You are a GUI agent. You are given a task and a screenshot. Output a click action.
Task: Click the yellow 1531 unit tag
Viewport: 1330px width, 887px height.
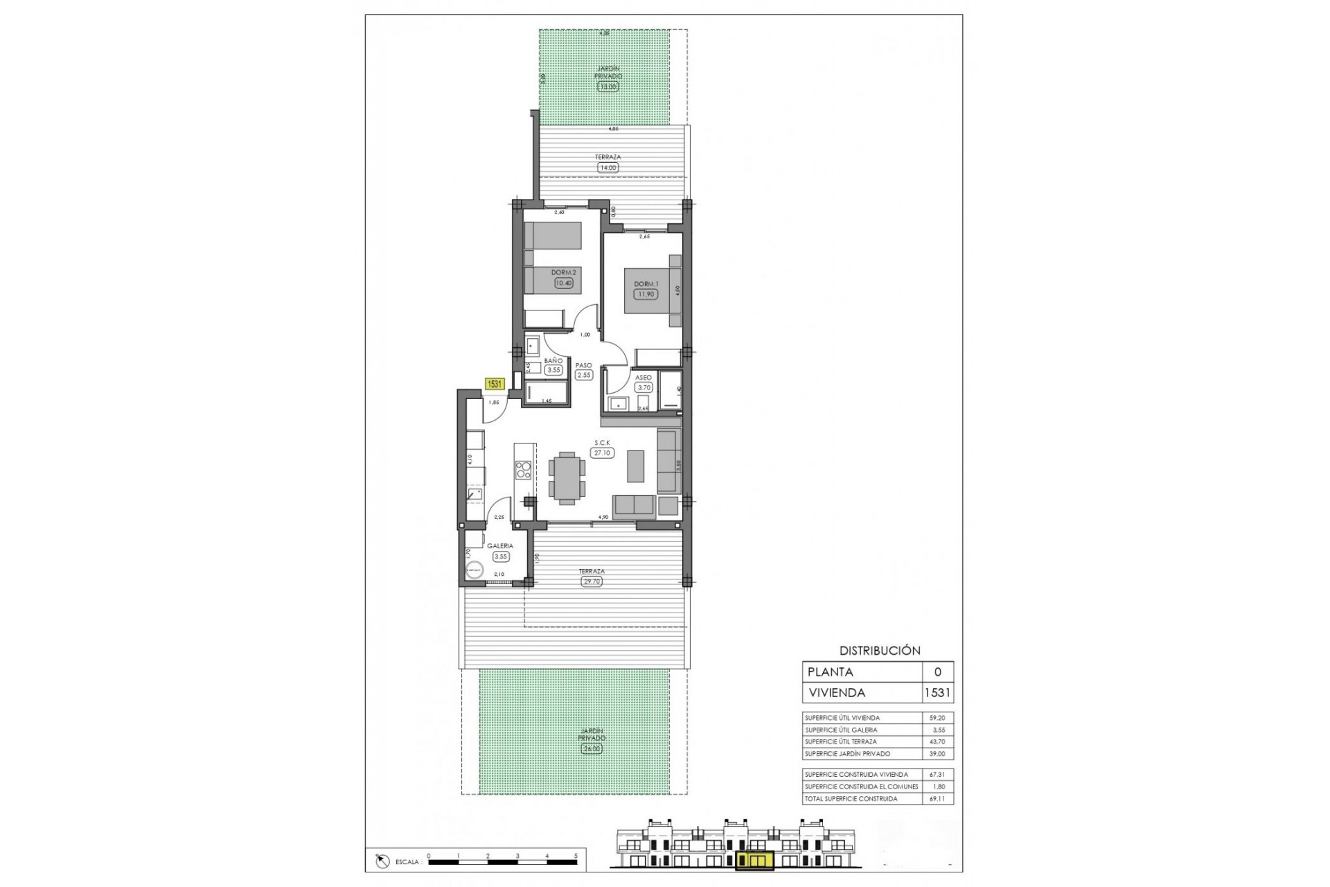(495, 384)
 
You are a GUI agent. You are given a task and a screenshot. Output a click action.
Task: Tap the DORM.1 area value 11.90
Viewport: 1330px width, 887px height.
(646, 294)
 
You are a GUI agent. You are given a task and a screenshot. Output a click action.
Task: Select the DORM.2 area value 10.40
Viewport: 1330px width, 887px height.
(563, 283)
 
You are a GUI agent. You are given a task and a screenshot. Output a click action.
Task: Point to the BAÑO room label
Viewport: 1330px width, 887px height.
(553, 361)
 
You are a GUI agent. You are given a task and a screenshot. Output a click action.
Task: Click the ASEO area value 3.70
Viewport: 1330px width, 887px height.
(644, 387)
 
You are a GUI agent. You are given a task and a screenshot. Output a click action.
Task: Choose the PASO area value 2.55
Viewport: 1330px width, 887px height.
(584, 375)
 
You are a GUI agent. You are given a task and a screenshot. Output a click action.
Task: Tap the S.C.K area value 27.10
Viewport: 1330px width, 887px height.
(602, 453)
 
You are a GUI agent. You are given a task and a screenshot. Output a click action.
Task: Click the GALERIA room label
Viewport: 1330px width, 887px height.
(499, 546)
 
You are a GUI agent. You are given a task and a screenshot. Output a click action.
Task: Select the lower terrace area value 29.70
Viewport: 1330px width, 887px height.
(592, 581)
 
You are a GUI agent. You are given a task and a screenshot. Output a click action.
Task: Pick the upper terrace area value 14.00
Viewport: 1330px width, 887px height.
(608, 168)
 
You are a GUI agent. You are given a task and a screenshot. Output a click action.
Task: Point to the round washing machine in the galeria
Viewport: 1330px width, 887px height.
(474, 570)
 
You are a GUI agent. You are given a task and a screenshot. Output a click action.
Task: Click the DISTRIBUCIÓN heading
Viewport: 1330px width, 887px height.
(880, 651)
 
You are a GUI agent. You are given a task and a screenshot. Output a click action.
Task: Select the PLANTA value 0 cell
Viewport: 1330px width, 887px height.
(938, 671)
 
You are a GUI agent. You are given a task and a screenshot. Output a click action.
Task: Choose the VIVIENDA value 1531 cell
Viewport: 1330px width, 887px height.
(938, 692)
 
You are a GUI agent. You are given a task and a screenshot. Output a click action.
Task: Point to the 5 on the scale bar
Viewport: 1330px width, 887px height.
(576, 856)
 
